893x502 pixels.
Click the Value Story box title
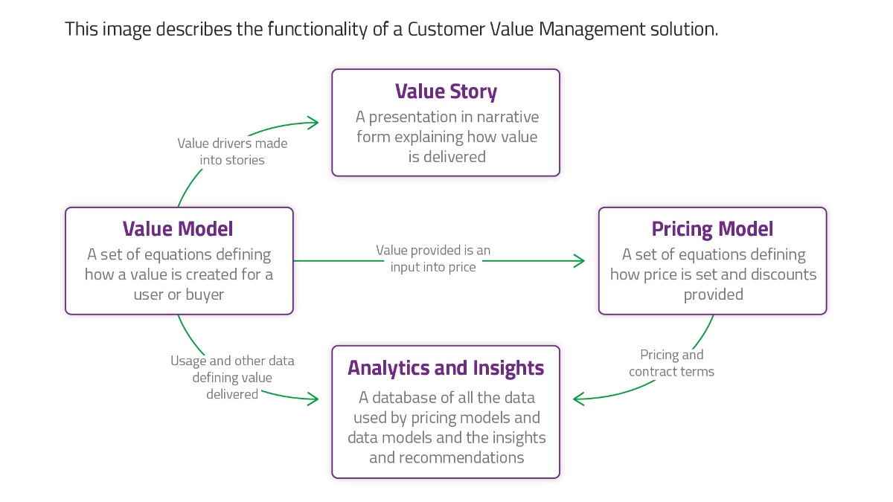click(446, 91)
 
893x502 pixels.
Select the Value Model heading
click(178, 229)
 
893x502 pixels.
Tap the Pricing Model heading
click(712, 229)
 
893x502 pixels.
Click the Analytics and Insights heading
click(446, 368)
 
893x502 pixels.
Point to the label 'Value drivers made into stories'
click(232, 151)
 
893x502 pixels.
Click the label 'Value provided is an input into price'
click(433, 259)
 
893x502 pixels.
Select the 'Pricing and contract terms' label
click(671, 363)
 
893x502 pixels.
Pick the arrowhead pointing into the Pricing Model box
click(580, 260)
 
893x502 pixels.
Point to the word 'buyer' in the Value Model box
click(205, 295)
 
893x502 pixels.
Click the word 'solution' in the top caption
click(683, 30)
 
